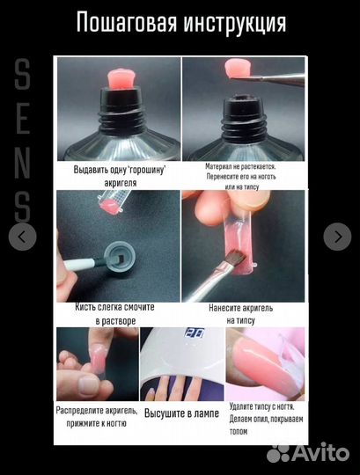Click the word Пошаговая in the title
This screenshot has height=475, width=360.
click(x=127, y=23)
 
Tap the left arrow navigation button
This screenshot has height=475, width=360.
click(x=22, y=237)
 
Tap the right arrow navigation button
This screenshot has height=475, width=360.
click(x=337, y=237)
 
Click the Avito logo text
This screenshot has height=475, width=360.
click(x=321, y=453)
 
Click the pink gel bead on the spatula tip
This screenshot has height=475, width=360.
click(x=239, y=69)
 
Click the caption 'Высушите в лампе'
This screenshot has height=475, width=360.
click(x=181, y=413)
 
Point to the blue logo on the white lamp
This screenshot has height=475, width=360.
click(x=195, y=332)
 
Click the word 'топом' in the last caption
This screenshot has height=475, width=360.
click(x=239, y=431)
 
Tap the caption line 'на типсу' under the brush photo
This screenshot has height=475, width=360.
click(x=241, y=320)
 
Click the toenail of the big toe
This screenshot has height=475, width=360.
click(x=87, y=385)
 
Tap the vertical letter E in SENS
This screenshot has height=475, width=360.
click(x=23, y=119)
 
